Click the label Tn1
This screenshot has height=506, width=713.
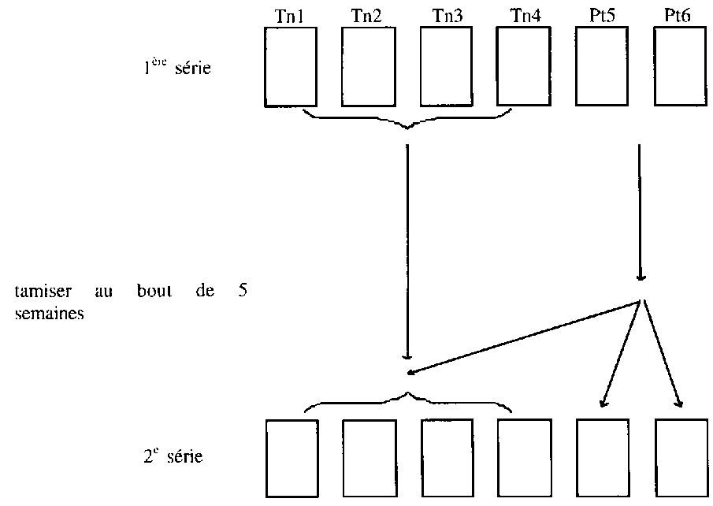coord(290,15)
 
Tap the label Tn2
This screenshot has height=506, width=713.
coord(368,15)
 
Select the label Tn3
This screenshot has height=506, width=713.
coord(447,15)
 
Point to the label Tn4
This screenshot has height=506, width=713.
coord(524,15)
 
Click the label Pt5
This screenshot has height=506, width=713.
coord(602,15)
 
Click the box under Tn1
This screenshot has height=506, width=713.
coord(290,66)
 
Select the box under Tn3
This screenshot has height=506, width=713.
coord(447,66)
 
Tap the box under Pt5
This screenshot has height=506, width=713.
coord(602,66)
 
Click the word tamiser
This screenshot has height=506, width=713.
coord(38,292)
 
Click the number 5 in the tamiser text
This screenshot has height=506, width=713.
coord(243,292)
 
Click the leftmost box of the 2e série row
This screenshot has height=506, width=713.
coord(292,458)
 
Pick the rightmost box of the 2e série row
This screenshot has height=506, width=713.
coord(681,458)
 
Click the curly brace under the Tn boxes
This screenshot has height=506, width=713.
coord(407,121)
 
